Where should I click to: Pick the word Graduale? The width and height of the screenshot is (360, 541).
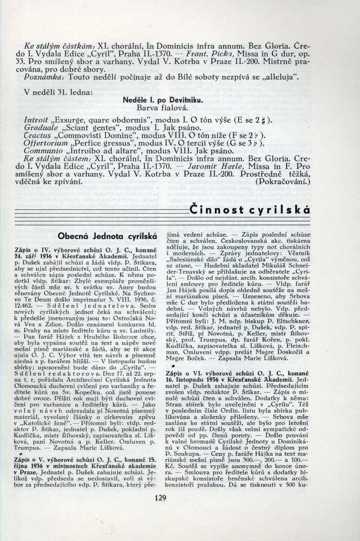(x=40, y=128)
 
